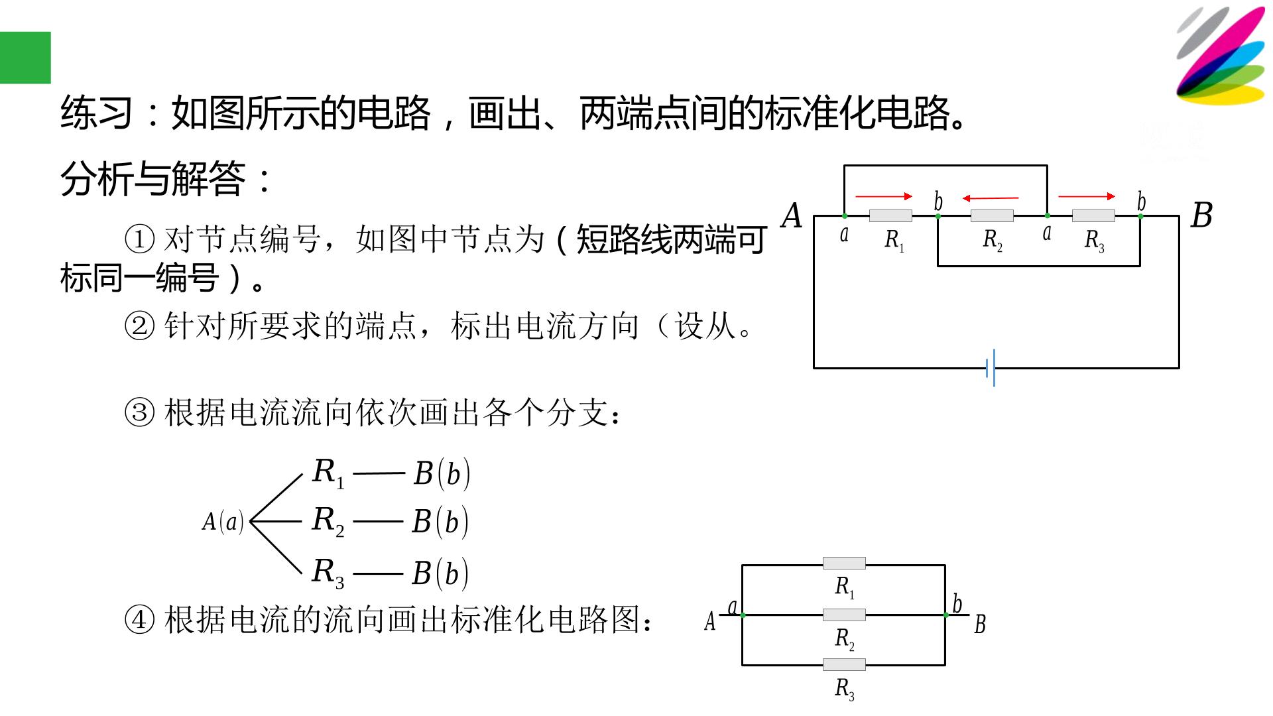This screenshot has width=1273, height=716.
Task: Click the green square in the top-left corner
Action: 25,58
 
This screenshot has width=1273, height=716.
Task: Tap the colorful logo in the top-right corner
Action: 1221,56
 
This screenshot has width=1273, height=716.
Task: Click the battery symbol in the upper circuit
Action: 991,368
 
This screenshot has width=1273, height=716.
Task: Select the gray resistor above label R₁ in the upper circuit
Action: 890,215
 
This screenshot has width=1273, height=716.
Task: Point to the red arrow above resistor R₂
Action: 991,198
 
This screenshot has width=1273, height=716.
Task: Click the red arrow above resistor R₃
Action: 1087,196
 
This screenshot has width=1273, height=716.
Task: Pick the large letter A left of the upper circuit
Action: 792,216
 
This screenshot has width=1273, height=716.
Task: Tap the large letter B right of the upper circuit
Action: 1201,216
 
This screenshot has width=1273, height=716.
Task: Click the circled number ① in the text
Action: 139,239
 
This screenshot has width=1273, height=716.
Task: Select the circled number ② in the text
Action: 139,326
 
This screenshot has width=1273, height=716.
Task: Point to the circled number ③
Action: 139,413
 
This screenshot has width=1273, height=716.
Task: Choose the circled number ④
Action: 139,620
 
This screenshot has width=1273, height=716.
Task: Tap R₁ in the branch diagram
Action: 328,473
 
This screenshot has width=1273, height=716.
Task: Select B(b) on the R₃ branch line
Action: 440,573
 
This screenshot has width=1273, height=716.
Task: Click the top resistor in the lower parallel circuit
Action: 844,564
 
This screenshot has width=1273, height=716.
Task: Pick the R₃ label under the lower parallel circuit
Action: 844,689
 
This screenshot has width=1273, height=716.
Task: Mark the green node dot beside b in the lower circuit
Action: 945,615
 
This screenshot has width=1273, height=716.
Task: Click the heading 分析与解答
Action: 153,179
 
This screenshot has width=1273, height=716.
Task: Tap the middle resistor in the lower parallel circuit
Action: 844,615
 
